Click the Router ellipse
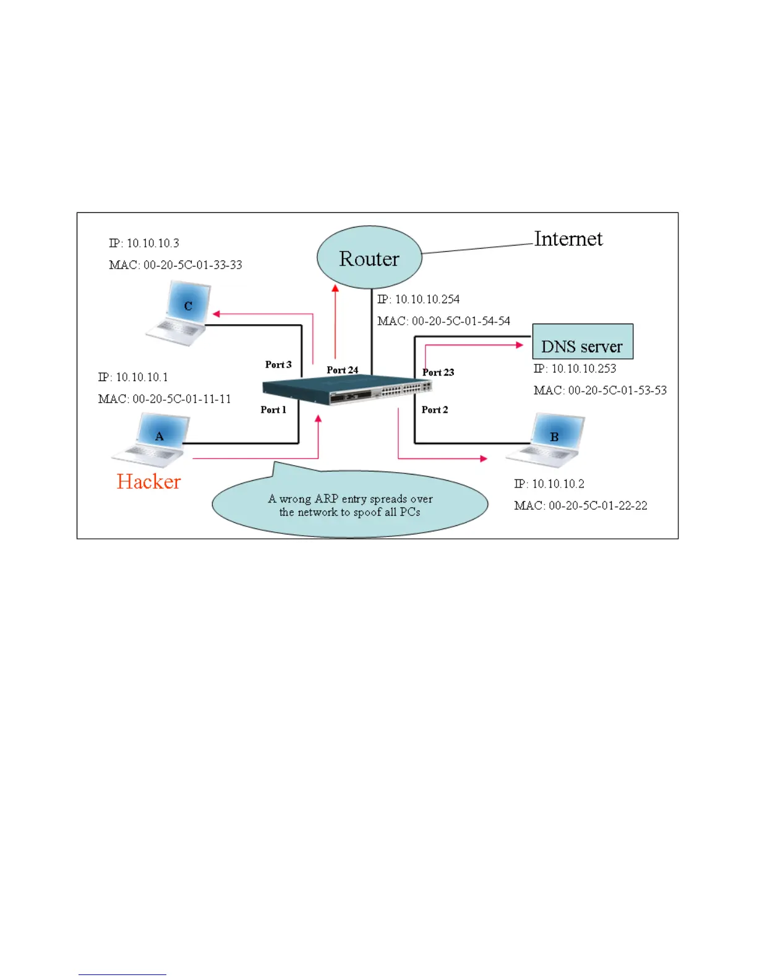369,257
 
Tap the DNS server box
583,342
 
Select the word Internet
568,239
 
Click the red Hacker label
148,481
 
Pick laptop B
547,441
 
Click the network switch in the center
346,391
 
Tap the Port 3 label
278,364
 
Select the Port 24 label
342,370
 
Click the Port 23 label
438,372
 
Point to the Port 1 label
273,410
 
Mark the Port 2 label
435,410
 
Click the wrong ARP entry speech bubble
350,505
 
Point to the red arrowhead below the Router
335,288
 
